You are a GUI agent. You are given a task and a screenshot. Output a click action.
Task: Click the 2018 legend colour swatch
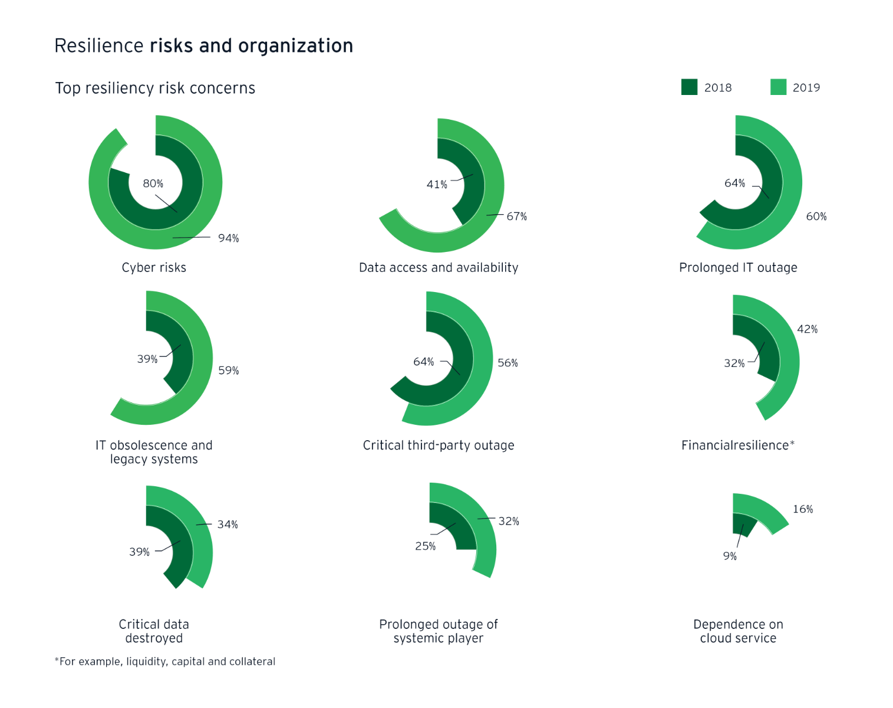click(689, 87)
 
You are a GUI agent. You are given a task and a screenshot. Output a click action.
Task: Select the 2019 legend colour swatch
click(778, 87)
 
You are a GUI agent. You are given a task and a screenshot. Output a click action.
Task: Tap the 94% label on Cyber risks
click(228, 238)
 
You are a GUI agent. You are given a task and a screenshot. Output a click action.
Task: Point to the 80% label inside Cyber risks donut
click(153, 183)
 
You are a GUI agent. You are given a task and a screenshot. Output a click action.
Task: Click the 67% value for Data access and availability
click(516, 217)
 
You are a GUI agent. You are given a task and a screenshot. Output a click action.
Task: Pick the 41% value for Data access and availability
click(437, 185)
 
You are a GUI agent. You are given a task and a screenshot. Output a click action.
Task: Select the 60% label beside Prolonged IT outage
click(816, 217)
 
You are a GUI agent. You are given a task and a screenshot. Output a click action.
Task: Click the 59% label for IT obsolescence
click(228, 371)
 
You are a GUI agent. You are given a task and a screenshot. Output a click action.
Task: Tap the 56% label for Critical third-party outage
click(508, 363)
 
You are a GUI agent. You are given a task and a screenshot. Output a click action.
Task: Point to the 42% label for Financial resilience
click(807, 329)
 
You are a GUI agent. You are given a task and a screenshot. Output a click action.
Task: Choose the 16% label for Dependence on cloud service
click(802, 509)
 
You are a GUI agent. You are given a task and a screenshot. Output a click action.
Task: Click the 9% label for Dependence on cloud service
click(730, 556)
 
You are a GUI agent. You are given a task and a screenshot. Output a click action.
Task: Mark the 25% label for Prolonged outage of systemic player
click(425, 546)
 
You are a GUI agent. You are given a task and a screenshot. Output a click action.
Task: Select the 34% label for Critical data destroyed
click(228, 525)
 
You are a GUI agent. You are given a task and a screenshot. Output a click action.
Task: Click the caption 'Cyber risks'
click(154, 268)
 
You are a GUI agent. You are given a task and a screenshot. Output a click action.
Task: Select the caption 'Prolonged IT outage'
click(738, 268)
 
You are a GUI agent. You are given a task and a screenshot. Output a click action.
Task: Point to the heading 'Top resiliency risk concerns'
click(155, 88)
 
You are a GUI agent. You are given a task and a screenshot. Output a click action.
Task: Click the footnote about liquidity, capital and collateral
click(165, 662)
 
